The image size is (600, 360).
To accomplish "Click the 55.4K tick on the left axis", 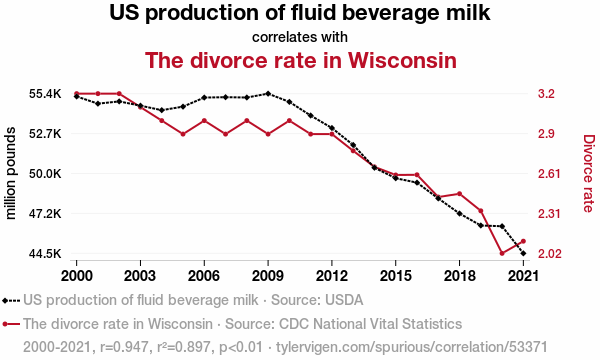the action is (x=45, y=94).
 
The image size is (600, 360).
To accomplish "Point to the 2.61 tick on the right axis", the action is (x=549, y=174).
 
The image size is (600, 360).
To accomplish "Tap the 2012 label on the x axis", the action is (x=332, y=275).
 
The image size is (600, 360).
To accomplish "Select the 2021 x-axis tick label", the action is (x=523, y=275).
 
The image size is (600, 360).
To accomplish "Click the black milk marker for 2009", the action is (x=268, y=93).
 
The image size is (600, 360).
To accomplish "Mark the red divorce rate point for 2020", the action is (x=502, y=253).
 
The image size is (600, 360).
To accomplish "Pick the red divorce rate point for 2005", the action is (x=183, y=134).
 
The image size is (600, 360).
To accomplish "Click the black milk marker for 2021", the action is (x=523, y=253).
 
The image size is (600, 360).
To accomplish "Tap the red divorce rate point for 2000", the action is (x=77, y=93).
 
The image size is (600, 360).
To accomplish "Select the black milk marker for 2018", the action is (x=459, y=213).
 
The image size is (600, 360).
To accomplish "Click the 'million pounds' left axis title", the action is (x=11, y=173).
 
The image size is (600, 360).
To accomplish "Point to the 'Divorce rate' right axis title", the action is (x=589, y=173).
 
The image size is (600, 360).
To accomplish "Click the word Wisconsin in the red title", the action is (x=402, y=60).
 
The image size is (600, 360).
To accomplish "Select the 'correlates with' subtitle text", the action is (x=300, y=37).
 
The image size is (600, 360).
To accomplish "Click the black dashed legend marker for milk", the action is (x=11, y=301).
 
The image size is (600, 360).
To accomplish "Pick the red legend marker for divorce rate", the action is (x=11, y=324).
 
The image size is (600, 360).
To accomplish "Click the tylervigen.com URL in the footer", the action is (x=411, y=347).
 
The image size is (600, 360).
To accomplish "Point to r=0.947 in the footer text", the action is (x=124, y=347).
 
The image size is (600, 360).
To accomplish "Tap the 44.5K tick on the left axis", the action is (x=45, y=254).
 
